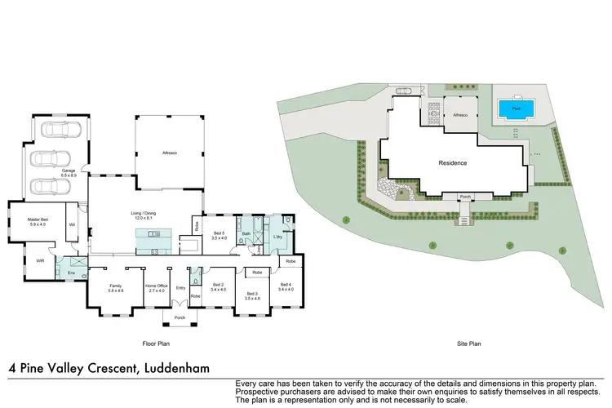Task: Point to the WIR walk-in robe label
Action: pos(40,261)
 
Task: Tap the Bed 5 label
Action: pos(218,236)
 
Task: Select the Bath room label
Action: pos(245,234)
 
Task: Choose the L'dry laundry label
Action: pos(277,237)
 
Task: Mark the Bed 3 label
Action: pos(251,295)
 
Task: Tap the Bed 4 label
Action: pos(286,287)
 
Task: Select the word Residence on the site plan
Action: pos(453,162)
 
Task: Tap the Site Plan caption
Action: pos(468,345)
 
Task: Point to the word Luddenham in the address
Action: pos(175,368)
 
